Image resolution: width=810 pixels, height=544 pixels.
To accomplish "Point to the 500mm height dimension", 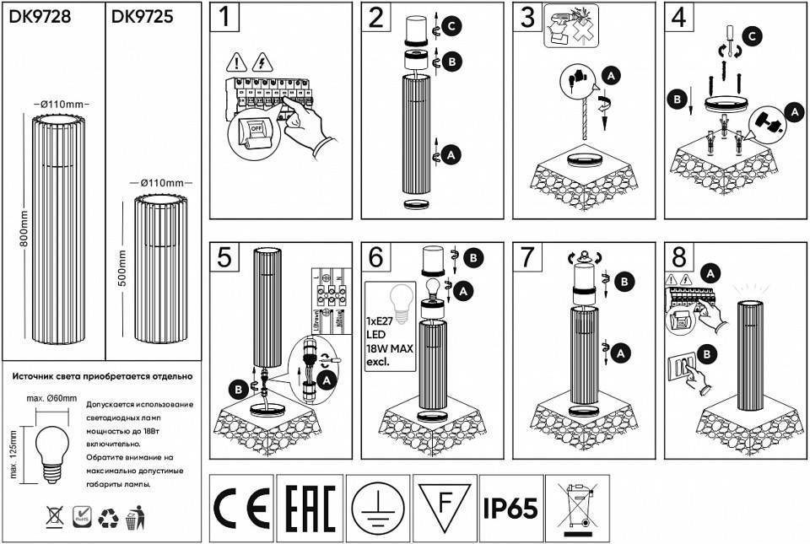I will coord(123,268).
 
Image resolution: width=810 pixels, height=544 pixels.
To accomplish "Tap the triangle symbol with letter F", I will coord(445,504).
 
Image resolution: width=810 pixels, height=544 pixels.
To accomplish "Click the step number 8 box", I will coord(680,257).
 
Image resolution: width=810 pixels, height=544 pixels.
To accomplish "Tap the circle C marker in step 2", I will coord(452,27).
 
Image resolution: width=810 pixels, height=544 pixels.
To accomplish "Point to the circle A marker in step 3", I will coord(612,75).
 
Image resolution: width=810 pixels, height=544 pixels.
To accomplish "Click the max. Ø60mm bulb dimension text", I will coord(51,397).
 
